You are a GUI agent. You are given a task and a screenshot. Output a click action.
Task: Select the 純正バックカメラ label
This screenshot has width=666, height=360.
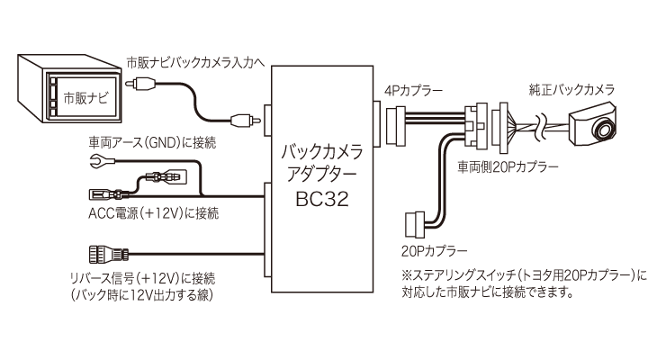tap(571, 90)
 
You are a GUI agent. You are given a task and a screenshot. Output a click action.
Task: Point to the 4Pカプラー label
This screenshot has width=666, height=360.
tap(412, 90)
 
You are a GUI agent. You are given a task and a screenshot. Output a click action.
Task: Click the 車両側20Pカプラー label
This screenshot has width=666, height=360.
tap(508, 167)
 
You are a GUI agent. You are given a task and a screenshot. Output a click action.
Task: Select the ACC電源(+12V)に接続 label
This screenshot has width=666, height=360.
tap(153, 213)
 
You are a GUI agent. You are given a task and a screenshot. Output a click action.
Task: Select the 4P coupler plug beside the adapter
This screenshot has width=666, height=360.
tap(397, 122)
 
